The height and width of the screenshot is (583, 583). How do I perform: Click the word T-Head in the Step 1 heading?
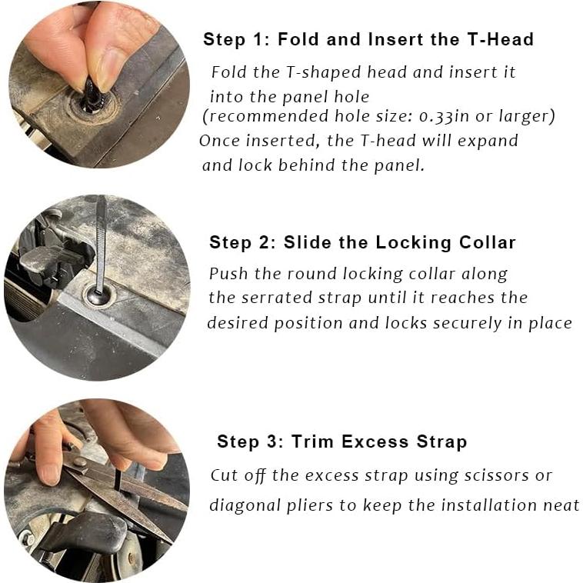(500, 39)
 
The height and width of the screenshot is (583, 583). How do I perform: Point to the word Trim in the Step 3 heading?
(313, 441)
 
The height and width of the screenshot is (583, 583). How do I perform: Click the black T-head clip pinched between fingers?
(91, 93)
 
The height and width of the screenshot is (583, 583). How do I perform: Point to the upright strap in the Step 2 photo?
(101, 245)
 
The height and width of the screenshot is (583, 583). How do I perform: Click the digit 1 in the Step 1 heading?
(258, 39)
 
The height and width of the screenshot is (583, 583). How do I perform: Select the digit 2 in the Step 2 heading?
(265, 243)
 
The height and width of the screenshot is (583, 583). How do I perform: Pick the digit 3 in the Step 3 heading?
(272, 441)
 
